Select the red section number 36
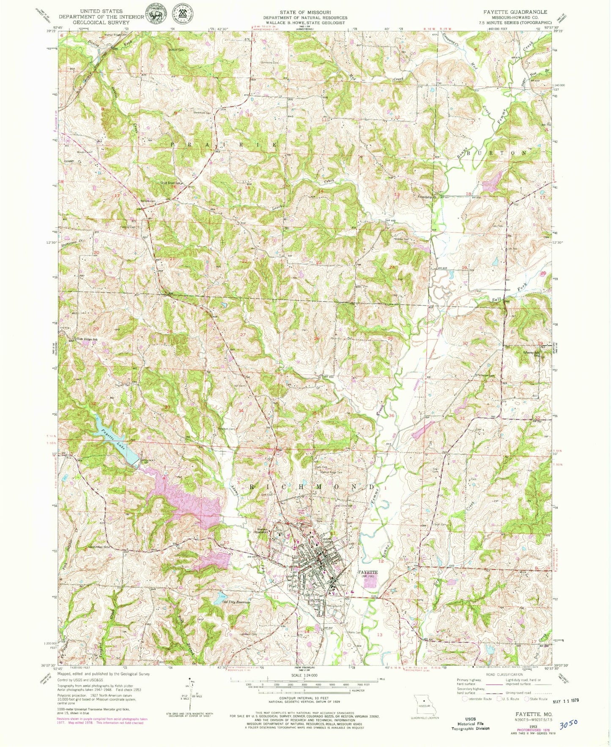(392, 416)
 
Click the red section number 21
(172, 258)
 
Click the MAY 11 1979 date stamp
(564, 700)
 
